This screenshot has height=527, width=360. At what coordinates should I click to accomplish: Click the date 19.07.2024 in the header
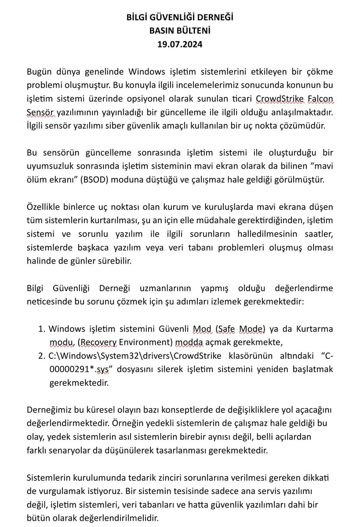tap(180, 44)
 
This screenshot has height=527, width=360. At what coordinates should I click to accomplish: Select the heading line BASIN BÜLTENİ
tap(180, 31)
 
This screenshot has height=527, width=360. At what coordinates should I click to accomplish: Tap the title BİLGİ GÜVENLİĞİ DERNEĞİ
tap(180, 18)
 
